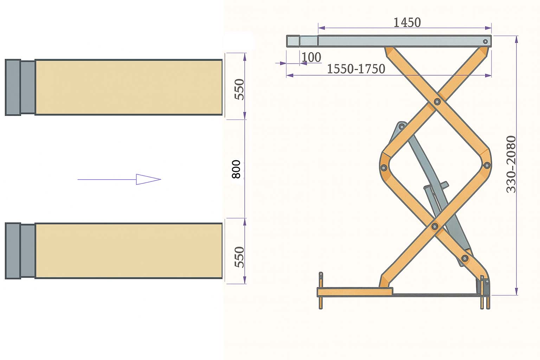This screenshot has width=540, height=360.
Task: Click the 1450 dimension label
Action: click(407, 22)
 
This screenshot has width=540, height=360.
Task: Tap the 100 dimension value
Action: click(311, 57)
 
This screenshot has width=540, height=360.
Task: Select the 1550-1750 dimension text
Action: click(356, 69)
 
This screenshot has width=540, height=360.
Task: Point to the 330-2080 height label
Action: click(511, 165)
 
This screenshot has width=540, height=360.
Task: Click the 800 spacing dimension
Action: click(236, 169)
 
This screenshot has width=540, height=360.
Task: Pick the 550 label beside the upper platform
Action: click(239, 89)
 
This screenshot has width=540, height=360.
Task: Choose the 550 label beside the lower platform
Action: click(239, 257)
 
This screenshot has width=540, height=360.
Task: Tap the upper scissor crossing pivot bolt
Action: click(437, 102)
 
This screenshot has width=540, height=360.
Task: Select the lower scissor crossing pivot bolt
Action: click(435, 226)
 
